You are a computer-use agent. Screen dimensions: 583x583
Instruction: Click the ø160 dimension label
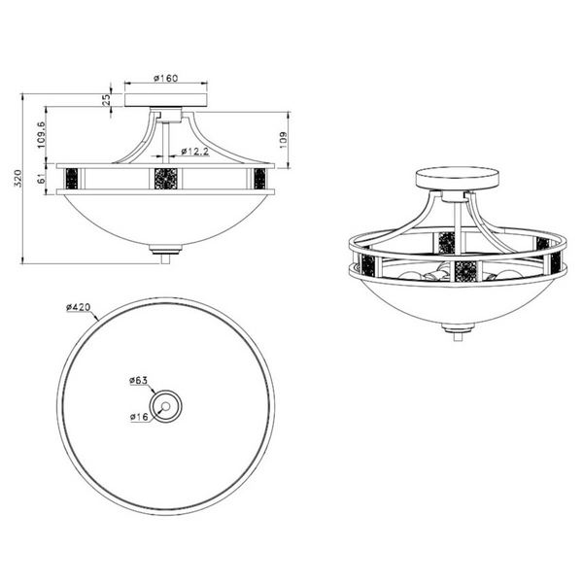166,78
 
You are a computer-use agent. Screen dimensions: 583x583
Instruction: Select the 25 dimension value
106,100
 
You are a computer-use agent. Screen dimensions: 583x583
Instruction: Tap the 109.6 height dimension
41,135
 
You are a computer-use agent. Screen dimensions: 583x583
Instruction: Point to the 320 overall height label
18,179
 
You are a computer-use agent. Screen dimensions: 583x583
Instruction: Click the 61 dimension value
41,179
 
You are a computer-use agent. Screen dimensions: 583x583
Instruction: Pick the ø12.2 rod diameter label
195,152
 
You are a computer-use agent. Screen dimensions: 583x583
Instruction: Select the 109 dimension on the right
284,140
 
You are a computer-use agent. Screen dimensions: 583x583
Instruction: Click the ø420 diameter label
79,307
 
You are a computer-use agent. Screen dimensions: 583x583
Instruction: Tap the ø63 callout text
139,380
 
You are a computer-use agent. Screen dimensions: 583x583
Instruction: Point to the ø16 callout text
139,417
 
